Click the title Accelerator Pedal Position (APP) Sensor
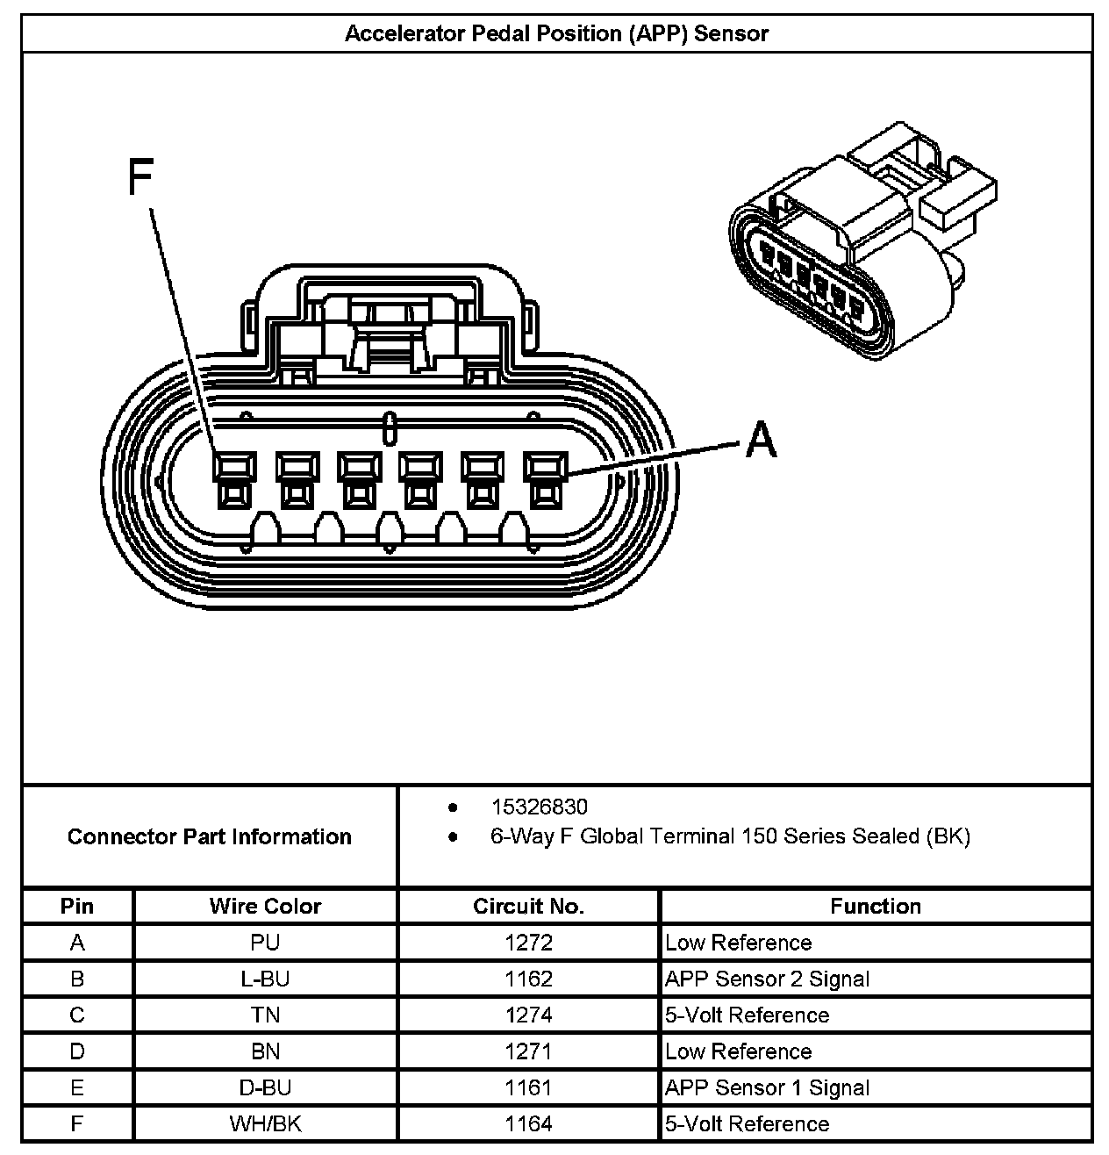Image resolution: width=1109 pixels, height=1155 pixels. (x=556, y=34)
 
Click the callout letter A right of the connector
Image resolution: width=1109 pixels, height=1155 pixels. (x=761, y=439)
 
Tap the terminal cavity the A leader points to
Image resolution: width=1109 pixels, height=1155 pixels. (x=545, y=480)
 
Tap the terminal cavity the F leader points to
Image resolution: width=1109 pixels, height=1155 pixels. (x=234, y=480)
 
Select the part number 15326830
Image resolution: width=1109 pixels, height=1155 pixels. (x=539, y=807)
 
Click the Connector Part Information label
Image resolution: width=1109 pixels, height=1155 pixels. (x=209, y=836)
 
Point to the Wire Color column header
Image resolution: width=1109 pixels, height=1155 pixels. (x=265, y=906)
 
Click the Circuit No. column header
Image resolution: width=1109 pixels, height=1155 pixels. (x=528, y=906)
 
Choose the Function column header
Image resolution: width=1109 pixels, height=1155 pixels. (x=876, y=906)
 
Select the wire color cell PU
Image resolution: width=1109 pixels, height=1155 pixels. (x=265, y=943)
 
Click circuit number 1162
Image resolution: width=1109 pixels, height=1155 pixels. (x=528, y=979)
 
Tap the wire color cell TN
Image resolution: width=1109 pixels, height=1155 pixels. (x=265, y=1015)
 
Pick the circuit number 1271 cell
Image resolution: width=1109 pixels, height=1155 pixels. (x=528, y=1051)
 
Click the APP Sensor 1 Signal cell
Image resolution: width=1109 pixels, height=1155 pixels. (x=767, y=1088)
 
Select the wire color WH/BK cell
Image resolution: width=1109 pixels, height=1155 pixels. (x=265, y=1124)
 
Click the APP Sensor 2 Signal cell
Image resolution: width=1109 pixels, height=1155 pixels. (x=767, y=979)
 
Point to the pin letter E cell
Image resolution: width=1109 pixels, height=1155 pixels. (x=77, y=1088)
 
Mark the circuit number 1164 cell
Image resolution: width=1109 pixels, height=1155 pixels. (x=528, y=1124)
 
